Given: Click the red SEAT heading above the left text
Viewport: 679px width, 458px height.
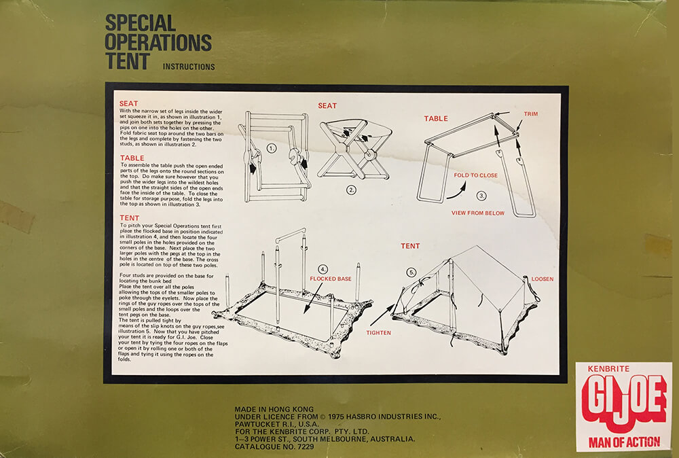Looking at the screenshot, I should pos(128,103).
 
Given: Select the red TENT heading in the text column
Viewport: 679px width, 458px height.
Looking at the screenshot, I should pos(129,217).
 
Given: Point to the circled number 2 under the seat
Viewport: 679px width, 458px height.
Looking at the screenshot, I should pos(351,190).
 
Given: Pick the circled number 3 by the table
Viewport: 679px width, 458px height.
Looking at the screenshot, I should pos(481,196).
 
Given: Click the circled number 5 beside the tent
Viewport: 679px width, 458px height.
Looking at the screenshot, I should pos(411,272).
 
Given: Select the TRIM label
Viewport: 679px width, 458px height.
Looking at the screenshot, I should pos(530,114).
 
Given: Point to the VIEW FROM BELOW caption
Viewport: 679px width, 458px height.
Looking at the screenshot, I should pos(478,213).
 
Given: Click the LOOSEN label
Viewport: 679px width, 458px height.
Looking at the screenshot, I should pos(543,279).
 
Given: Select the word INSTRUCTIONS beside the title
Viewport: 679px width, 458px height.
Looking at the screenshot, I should pos(189,67).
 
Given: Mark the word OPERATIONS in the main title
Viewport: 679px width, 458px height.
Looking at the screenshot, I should pos(158,42).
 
